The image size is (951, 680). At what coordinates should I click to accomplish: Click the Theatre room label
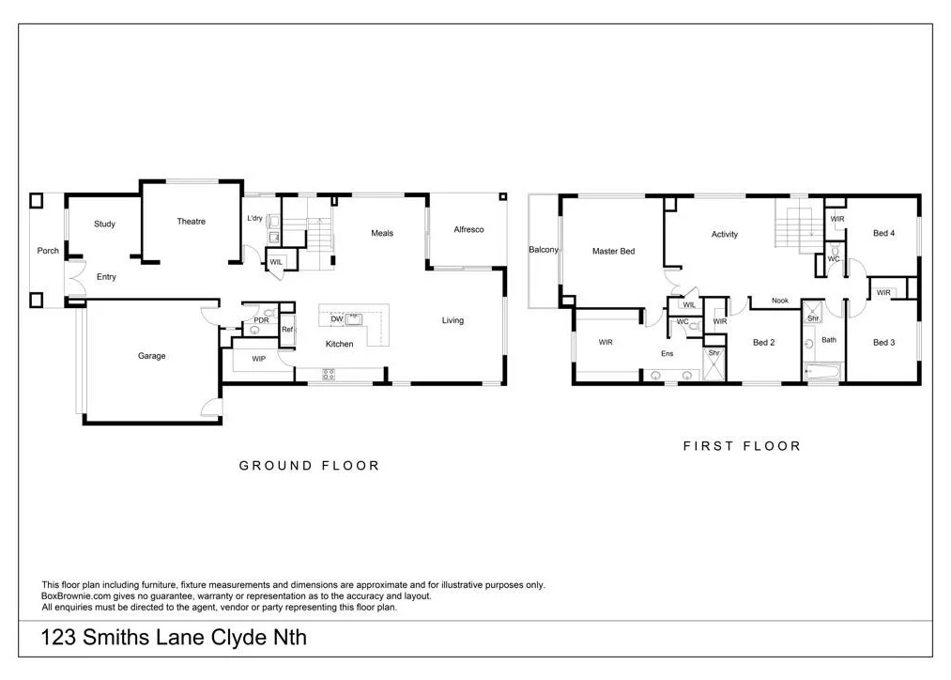tap(191, 222)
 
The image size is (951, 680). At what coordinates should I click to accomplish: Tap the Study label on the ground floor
tap(104, 224)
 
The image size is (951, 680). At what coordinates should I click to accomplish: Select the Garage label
tap(151, 356)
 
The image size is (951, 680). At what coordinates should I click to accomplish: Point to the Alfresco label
tap(468, 230)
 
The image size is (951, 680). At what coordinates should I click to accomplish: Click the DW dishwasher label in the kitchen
tap(336, 319)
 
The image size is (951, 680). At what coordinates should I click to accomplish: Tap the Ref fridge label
tap(287, 330)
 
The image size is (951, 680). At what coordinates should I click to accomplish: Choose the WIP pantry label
tap(259, 360)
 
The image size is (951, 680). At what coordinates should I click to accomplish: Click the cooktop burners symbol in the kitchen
tap(329, 374)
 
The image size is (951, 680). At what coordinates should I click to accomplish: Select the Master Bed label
tap(613, 252)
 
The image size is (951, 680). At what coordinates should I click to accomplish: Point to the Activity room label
tap(724, 235)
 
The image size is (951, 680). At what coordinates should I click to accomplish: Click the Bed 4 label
tap(883, 234)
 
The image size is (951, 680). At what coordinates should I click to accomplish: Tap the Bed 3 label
tap(883, 343)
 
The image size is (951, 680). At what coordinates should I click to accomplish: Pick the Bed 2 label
tap(763, 343)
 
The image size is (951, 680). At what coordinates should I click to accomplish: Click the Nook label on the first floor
tap(780, 301)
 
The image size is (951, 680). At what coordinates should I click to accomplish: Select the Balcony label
tap(544, 250)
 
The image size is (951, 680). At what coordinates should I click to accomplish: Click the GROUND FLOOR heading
tap(309, 466)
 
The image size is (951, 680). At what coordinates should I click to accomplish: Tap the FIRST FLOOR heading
tap(742, 447)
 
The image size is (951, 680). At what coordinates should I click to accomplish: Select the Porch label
tap(48, 251)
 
